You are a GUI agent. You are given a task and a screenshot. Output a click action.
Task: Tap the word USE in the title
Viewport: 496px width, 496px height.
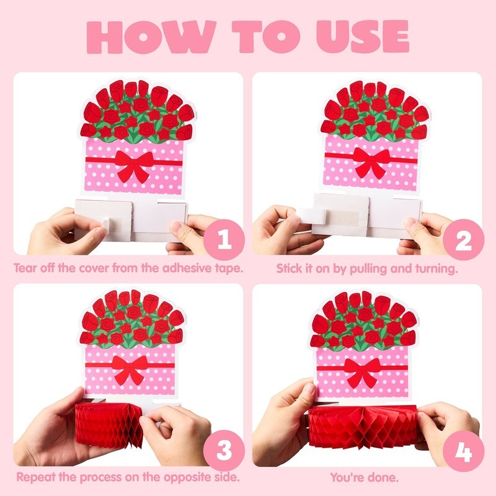(x=363, y=37)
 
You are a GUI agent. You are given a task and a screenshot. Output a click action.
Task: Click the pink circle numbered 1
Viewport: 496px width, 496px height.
(x=224, y=239)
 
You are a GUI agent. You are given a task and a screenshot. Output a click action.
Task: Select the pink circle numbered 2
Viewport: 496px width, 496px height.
(x=463, y=239)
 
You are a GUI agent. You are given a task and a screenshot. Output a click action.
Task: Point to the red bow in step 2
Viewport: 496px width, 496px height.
(x=371, y=162)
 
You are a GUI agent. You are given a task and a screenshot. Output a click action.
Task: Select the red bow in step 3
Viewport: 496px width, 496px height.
(x=130, y=370)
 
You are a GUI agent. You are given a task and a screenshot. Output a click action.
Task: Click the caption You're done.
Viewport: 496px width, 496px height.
(x=364, y=477)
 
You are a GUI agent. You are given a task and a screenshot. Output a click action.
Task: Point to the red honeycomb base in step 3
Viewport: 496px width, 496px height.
(x=109, y=425)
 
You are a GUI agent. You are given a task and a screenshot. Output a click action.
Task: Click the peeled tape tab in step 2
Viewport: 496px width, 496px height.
(x=312, y=216)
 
